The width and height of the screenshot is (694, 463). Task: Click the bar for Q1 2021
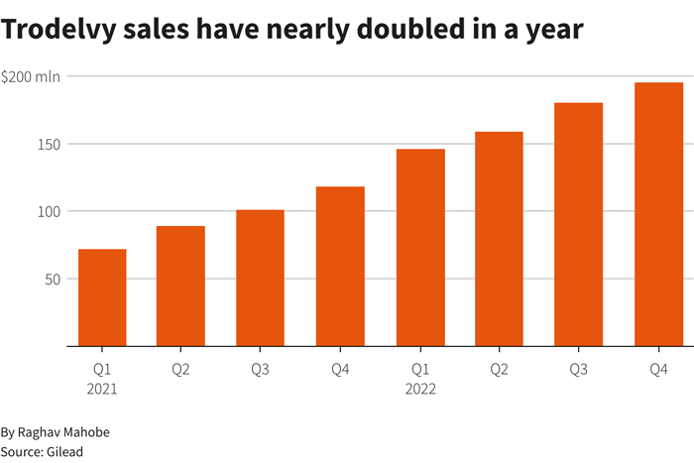pos(102,297)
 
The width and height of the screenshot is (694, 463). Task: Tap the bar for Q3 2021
pos(261,278)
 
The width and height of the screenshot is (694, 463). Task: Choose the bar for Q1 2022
pos(420,248)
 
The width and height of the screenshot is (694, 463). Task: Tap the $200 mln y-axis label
pos(31,76)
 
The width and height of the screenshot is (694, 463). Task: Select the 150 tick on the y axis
pos(49,144)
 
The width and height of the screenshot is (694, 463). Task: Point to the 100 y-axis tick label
pos(49,211)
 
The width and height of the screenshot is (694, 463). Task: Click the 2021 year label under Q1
pos(102,389)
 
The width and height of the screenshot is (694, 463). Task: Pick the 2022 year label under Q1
pos(420,389)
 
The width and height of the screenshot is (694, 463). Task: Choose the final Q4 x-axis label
pos(658,370)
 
